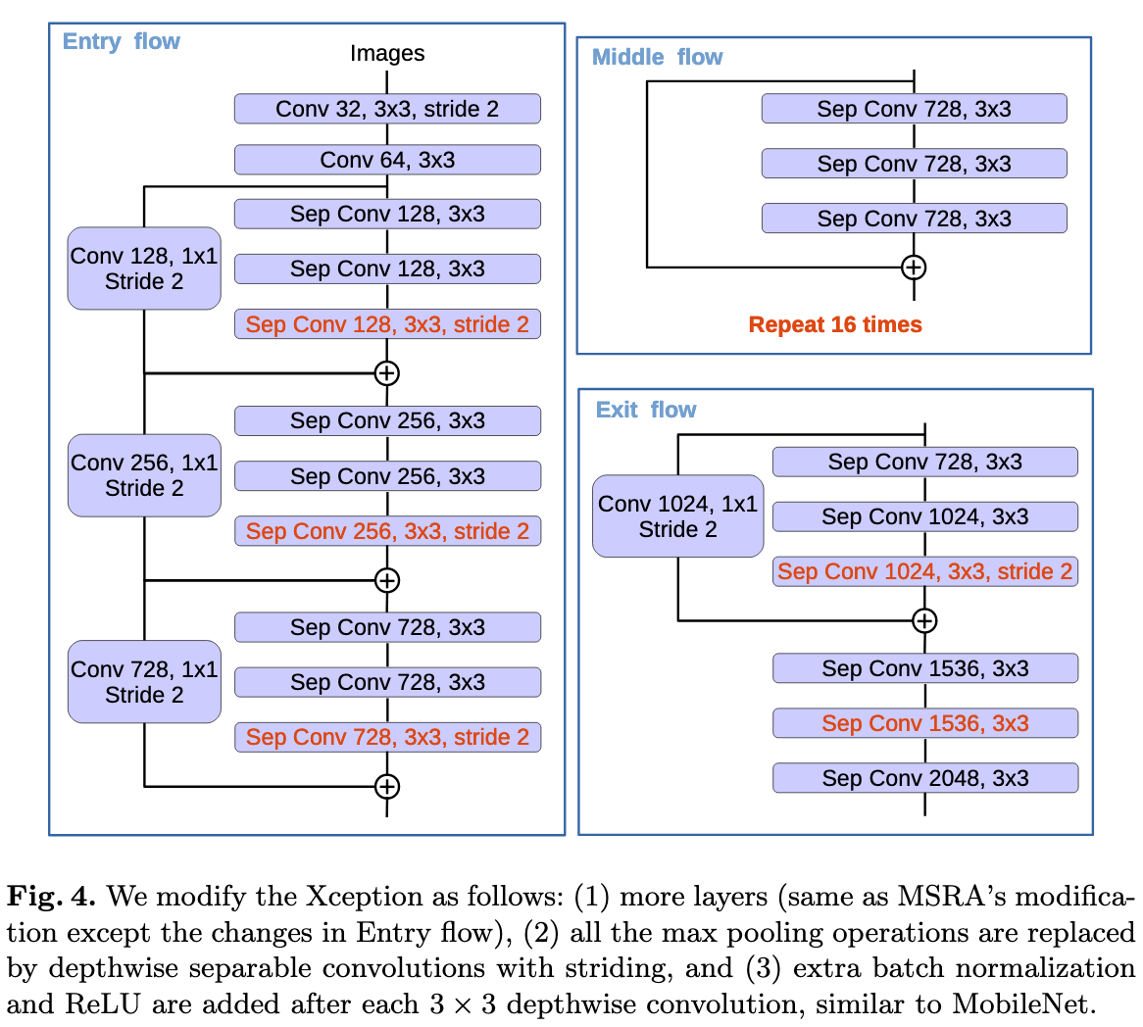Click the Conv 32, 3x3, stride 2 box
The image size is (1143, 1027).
(387, 109)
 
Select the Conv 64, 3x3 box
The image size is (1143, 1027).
(387, 160)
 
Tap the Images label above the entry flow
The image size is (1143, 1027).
(387, 53)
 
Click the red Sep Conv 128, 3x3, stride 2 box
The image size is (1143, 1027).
(387, 324)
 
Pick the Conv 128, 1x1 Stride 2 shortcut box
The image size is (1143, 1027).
(144, 269)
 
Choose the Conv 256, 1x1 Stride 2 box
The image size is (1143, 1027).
(144, 475)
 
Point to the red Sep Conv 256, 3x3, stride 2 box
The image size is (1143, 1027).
(387, 531)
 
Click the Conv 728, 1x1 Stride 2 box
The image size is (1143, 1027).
(144, 682)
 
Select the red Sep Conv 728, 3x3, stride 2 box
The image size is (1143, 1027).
(387, 737)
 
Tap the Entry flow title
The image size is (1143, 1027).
(122, 41)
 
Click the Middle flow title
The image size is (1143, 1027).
(657, 57)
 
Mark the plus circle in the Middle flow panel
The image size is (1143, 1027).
(914, 267)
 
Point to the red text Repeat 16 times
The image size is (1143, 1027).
(835, 324)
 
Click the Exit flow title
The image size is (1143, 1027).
(646, 410)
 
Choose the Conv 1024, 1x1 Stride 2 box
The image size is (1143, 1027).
(678, 516)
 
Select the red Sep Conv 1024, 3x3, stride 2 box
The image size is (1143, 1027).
(925, 571)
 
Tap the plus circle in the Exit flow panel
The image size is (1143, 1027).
(924, 620)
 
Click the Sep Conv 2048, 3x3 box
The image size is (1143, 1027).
(925, 778)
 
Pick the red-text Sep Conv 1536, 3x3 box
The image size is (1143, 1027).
(925, 723)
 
